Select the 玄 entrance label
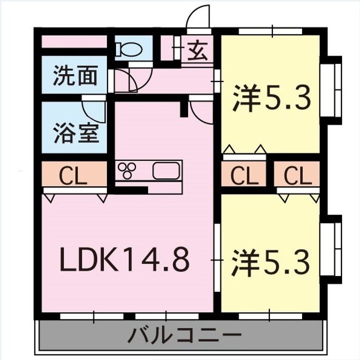[x=197, y=50]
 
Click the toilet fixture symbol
[x=129, y=49]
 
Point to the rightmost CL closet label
[x=298, y=175]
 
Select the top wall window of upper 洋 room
[x=273, y=31]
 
